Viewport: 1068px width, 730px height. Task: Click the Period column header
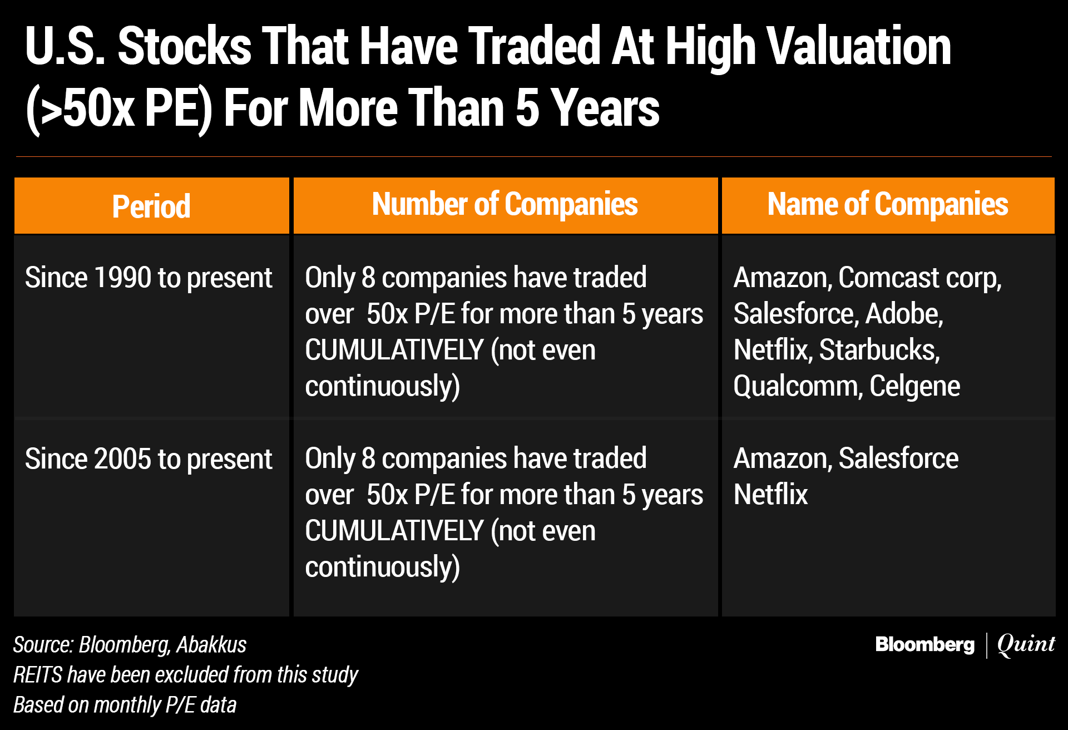pyautogui.click(x=151, y=206)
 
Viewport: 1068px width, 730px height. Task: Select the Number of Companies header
pyautogui.click(x=505, y=204)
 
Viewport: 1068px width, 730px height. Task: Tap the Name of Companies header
pyautogui.click(x=888, y=204)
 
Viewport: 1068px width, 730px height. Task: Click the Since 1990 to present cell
pyautogui.click(x=149, y=278)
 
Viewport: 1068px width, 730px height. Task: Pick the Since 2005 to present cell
pyautogui.click(x=149, y=459)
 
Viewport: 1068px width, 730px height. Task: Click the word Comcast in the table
pyautogui.click(x=888, y=278)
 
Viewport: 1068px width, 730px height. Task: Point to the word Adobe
pyautogui.click(x=904, y=314)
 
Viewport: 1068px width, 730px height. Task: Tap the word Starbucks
pyautogui.click(x=879, y=350)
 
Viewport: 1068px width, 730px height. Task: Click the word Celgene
pyautogui.click(x=915, y=387)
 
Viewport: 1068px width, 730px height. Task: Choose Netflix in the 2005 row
pyautogui.click(x=771, y=494)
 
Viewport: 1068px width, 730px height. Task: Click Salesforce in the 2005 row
pyautogui.click(x=898, y=458)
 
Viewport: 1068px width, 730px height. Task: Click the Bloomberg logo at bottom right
pyautogui.click(x=924, y=644)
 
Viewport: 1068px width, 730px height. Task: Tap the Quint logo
pyautogui.click(x=1026, y=644)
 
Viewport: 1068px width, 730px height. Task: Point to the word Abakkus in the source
pyautogui.click(x=211, y=645)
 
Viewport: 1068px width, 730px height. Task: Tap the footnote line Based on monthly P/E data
pyautogui.click(x=125, y=705)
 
